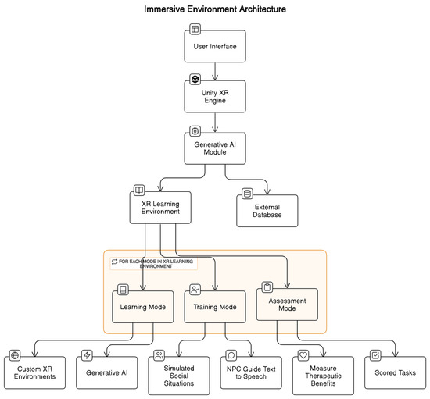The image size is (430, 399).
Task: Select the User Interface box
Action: pos(215,46)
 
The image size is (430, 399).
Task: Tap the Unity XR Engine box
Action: pos(215,98)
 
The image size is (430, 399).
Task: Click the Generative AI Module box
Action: pos(215,146)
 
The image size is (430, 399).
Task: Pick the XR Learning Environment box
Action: pos(160,208)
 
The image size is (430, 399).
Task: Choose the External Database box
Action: pos(267,210)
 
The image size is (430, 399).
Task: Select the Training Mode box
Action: pos(215,307)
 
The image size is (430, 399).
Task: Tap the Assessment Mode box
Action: pos(288,304)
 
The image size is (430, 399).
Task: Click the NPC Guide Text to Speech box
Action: pos(251,372)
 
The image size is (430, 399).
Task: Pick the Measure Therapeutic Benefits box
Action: pos(324,372)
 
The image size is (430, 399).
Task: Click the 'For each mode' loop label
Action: pos(152,263)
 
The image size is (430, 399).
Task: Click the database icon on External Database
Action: pos(247,193)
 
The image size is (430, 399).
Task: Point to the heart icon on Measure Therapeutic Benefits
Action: pos(305,355)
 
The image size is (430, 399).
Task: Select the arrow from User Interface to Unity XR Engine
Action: pos(215,70)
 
